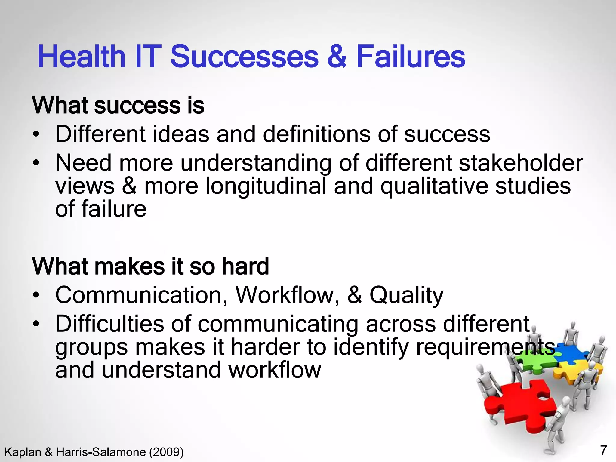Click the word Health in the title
tap(81, 57)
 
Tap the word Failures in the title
tap(411, 57)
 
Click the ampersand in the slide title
tap(337, 57)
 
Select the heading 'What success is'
tap(118, 105)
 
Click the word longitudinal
tap(266, 186)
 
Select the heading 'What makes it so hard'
tap(150, 266)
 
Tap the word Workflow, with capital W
tap(287, 295)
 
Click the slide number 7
tap(603, 450)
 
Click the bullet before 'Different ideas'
tap(36, 134)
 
